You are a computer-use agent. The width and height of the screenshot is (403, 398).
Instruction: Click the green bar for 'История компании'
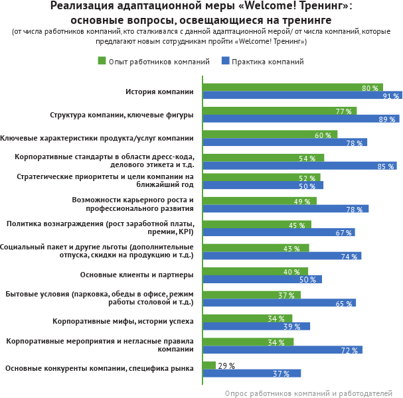[292, 88]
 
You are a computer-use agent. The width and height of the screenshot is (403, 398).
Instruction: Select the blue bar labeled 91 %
[302, 96]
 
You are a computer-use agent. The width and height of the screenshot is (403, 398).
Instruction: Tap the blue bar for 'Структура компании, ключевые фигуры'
[301, 119]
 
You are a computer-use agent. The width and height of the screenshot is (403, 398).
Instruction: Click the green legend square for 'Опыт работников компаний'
[102, 61]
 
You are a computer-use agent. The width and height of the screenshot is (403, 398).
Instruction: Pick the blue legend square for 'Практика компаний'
[226, 61]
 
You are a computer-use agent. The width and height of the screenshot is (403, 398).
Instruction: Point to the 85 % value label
[386, 166]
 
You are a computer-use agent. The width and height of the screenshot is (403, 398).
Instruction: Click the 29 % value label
[226, 365]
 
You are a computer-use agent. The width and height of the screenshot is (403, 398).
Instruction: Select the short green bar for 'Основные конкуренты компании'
[209, 365]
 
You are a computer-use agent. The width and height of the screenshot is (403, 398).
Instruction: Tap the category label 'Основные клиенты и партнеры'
[137, 275]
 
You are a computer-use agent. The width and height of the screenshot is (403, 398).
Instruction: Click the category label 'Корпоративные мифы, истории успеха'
[123, 321]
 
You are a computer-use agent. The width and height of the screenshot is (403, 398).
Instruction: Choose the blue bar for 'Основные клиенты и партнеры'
[262, 279]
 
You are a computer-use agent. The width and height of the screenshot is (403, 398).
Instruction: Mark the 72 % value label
[350, 350]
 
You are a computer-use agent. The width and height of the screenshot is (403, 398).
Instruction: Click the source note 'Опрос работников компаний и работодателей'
[309, 393]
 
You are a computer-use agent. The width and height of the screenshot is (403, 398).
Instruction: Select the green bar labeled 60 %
[270, 135]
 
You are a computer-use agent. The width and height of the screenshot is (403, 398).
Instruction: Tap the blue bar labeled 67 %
[279, 232]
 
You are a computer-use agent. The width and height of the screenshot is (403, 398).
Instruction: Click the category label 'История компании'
[159, 92]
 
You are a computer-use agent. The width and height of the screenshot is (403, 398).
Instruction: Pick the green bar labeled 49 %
[260, 201]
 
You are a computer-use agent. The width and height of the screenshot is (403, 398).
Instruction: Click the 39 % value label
[292, 326]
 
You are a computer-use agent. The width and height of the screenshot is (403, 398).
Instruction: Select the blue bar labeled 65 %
[279, 302]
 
